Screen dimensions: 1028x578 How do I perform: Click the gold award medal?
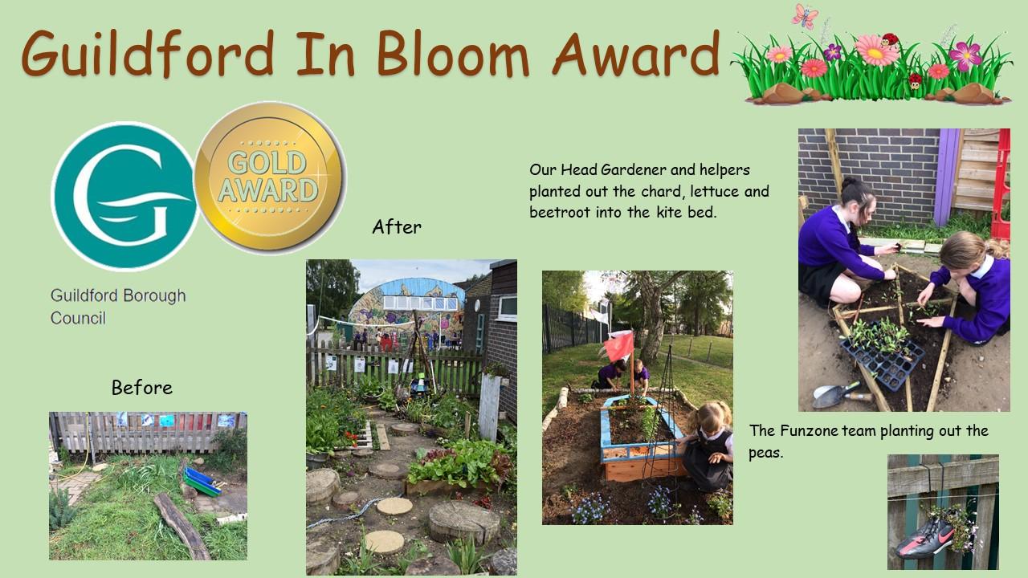point(270,177)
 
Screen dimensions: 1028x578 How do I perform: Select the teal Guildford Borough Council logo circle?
point(124,197)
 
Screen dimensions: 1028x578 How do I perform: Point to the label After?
point(397,227)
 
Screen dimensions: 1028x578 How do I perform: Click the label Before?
point(142,388)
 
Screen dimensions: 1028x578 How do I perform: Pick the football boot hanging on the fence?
point(924,540)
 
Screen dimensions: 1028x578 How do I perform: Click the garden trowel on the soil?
point(841,394)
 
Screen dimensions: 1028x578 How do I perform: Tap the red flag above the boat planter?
point(618,345)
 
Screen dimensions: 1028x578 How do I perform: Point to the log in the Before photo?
point(182,526)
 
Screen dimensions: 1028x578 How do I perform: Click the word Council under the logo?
point(78,318)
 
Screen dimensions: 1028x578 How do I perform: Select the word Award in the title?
point(635,53)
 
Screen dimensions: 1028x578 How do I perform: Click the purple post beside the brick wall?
point(947,177)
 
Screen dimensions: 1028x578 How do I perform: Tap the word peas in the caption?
point(765,454)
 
